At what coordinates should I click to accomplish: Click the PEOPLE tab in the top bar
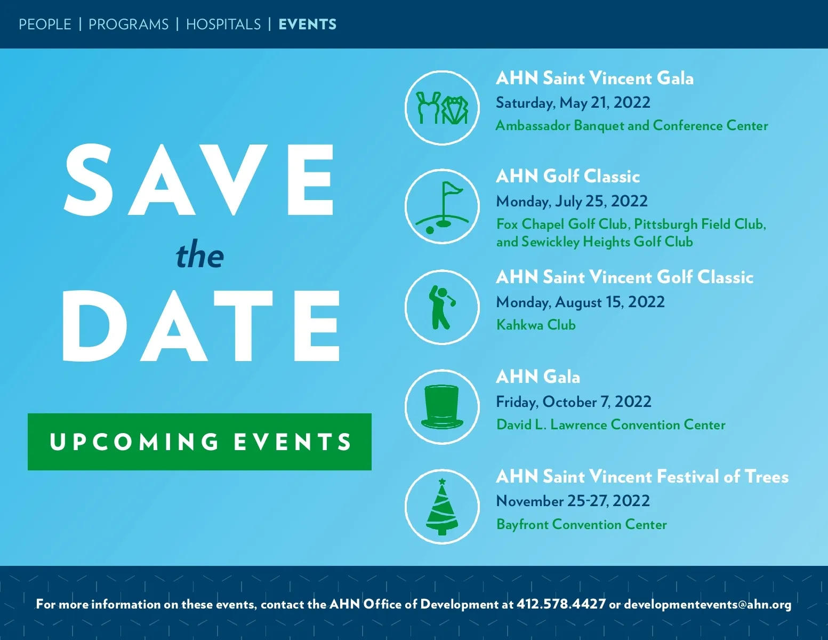point(45,25)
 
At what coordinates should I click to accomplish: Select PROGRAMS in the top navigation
point(128,25)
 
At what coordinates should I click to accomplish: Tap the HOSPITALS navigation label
point(223,25)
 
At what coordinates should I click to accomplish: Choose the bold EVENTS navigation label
point(308,25)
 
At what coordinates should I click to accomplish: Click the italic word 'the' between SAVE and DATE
point(199,255)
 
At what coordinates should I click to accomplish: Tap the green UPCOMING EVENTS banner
point(199,442)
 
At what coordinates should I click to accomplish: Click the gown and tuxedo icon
point(442,108)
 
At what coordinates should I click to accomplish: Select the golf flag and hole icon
point(442,207)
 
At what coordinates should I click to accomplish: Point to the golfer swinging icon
point(441,307)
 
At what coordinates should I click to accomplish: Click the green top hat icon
point(442,407)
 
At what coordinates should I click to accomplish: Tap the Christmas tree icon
point(442,507)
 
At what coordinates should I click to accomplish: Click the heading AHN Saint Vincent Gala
point(594,78)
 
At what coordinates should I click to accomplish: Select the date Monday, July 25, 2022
point(572,201)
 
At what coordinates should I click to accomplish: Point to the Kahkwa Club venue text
point(536,325)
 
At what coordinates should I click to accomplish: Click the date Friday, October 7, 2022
point(574,402)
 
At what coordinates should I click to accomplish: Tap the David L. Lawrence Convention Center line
point(611,425)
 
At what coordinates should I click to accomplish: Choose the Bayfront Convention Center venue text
point(582,524)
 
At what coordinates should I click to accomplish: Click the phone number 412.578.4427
point(561,604)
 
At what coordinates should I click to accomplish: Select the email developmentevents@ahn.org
point(708,605)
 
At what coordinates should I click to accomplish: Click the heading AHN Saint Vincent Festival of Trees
point(642,476)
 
